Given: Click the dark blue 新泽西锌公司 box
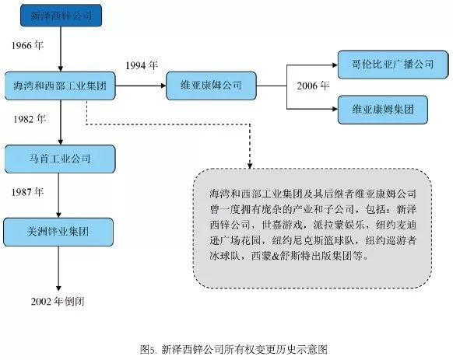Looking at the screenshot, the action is pos(61,16).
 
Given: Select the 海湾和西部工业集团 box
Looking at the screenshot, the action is pos(60,86).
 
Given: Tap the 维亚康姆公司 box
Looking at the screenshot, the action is pos(211,86).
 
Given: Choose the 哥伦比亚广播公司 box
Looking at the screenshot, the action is pos(393,65).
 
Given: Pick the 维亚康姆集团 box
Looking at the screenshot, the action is pos(383,110).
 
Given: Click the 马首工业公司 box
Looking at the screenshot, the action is pos(60,159).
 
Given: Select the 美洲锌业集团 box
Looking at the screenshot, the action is pos(58,232).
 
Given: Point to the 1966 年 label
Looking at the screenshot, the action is pos(27,45).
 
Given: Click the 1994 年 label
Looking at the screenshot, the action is pos(142,65).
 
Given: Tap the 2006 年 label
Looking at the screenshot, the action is pos(313,86).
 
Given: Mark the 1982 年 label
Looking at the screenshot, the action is pos(29,119).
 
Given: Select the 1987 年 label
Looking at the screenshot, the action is pos(27,192).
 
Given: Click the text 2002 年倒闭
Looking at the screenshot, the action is pos(58,302).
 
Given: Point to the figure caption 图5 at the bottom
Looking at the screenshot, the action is pos(234,350).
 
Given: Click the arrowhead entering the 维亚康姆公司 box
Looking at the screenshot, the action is pos(163,86).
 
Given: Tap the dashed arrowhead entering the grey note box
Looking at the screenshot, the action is pos(250,166).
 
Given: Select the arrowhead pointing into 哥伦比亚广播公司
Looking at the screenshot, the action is pos(335,65).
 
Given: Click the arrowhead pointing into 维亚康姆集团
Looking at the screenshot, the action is pos(335,109).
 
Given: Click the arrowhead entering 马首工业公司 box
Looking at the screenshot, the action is pos(61,142).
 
